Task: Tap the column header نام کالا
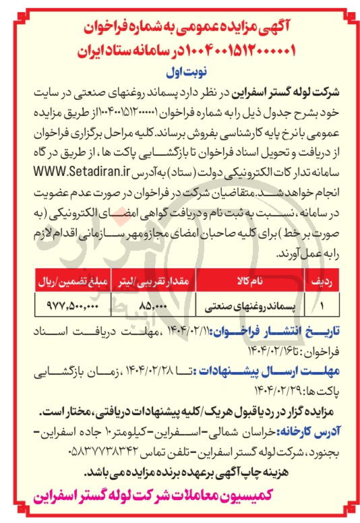click(253, 278)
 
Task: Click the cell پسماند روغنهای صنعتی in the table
click(253, 305)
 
